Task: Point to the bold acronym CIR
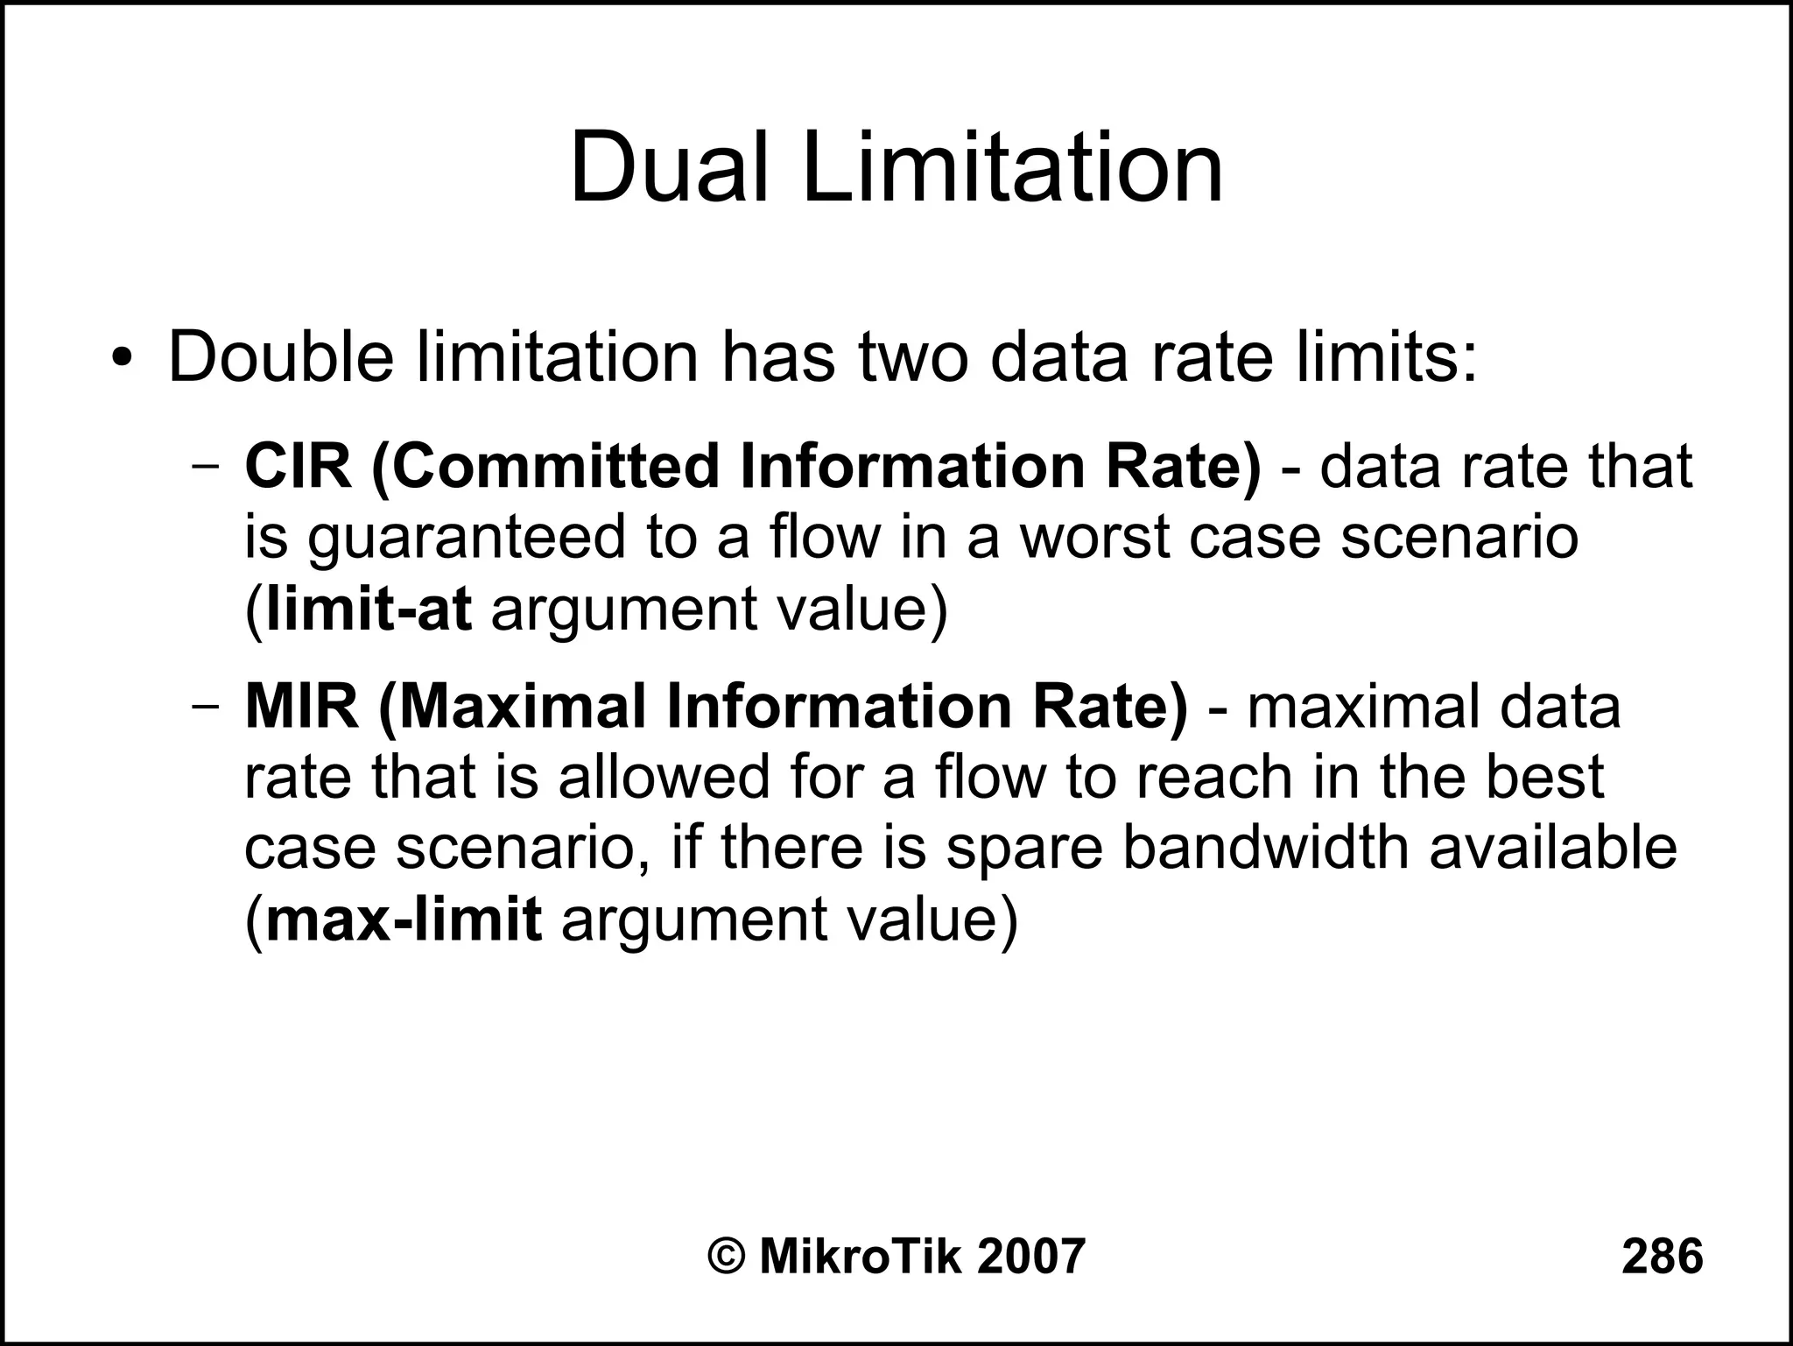[298, 467]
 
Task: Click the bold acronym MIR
[301, 706]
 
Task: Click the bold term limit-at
[369, 610]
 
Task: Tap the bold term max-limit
[403, 920]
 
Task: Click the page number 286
[1662, 1257]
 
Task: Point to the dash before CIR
[206, 468]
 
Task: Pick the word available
[1553, 848]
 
